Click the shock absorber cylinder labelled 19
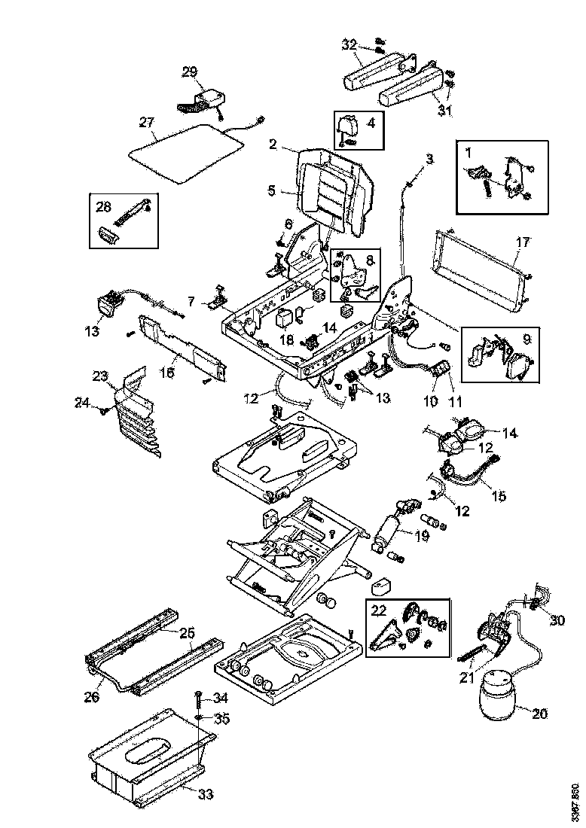click(390, 536)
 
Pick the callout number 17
click(523, 242)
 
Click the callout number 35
click(221, 718)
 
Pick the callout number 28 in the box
click(103, 204)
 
